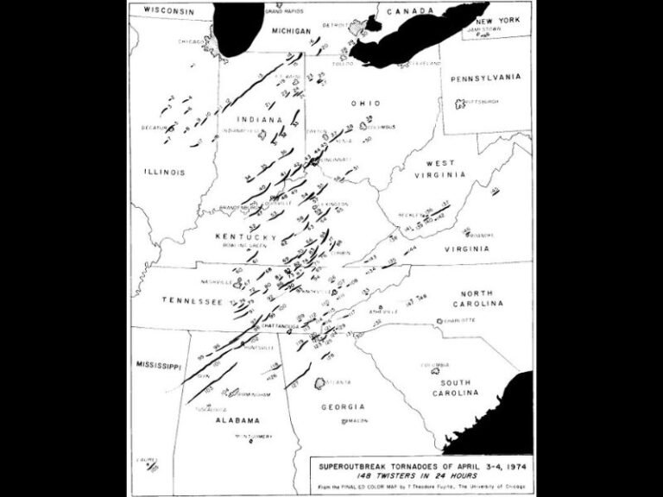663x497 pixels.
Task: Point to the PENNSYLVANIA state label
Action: (484, 76)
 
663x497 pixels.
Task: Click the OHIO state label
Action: (365, 103)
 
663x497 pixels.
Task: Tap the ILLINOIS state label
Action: (164, 172)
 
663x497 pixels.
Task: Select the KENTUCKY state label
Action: (246, 236)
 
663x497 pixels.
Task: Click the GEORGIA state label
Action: (344, 406)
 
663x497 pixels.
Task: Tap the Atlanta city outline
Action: (322, 382)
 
